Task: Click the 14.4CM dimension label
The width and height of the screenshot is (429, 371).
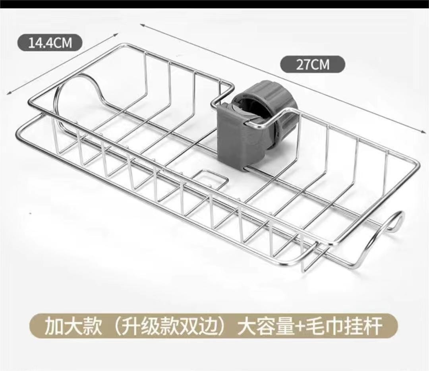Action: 50,42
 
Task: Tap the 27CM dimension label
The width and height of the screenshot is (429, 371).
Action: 313,64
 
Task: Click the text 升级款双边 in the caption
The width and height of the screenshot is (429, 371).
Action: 171,327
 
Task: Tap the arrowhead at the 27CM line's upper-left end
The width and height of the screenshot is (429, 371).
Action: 141,25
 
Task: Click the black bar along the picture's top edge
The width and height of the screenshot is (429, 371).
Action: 214,4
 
